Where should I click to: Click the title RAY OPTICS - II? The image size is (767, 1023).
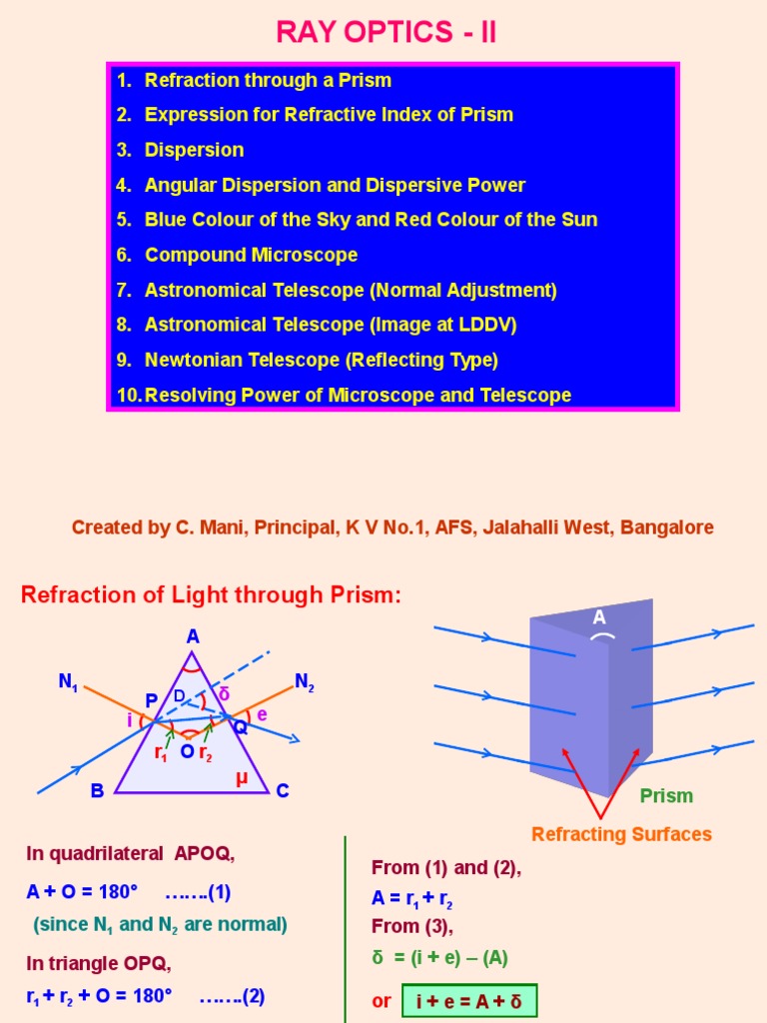pos(385,32)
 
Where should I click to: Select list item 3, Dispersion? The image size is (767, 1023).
pos(194,150)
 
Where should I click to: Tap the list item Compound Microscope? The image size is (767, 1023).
pos(251,255)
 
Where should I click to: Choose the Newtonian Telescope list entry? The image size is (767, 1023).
pos(321,360)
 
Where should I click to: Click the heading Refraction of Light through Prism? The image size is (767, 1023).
pos(211,595)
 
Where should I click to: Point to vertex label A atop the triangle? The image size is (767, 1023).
pos(192,635)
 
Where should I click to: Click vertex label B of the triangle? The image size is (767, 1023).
pos(97,791)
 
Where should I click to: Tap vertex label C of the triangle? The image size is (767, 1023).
pos(283,791)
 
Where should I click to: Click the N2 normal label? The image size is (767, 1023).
pos(305,682)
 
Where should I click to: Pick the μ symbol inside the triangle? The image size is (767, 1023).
pos(241,779)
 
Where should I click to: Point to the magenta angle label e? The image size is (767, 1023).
pos(263,714)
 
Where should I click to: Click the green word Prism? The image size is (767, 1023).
pos(666,796)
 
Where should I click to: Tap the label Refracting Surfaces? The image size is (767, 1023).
pos(621,834)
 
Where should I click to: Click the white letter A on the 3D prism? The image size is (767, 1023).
pos(599,617)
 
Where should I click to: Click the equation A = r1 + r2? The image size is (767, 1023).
pos(413,898)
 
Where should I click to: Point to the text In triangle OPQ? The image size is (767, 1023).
pos(99,964)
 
